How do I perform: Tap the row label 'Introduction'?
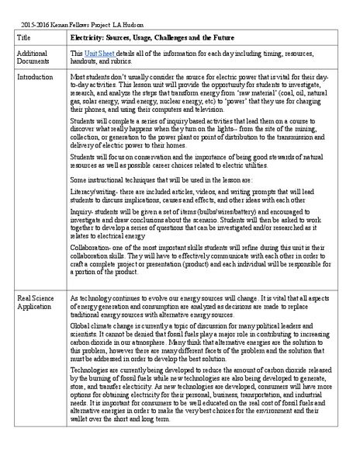(35, 78)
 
